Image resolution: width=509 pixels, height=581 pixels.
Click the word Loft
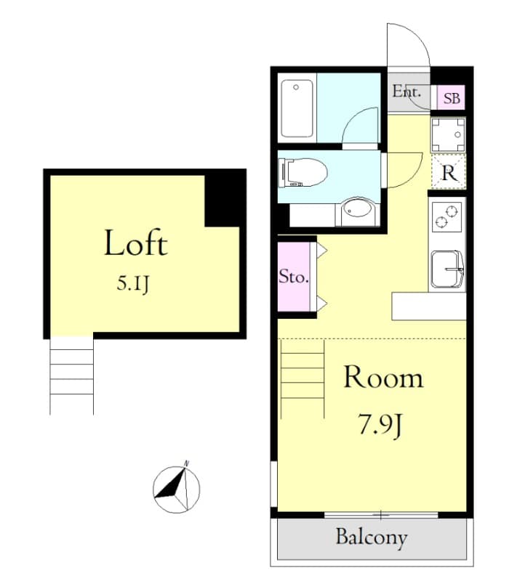(x=135, y=243)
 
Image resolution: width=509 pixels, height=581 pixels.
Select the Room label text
(x=382, y=378)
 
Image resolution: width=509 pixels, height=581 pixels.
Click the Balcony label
(x=371, y=538)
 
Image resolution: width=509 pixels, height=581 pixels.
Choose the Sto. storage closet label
(x=294, y=277)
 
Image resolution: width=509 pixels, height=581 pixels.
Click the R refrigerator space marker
(x=449, y=174)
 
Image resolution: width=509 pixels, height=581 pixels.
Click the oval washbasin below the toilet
(x=356, y=210)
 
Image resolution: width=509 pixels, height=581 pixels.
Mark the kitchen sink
(x=447, y=269)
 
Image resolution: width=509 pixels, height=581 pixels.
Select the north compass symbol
(x=177, y=488)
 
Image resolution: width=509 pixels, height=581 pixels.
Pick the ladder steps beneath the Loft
(x=71, y=376)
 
